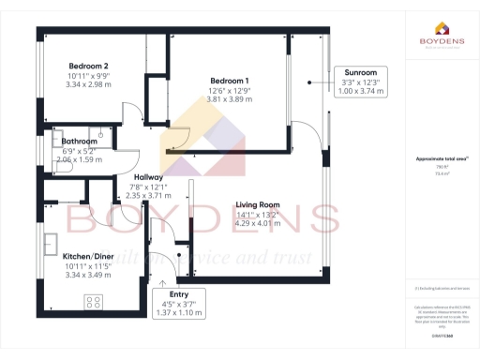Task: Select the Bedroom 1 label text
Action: point(230,81)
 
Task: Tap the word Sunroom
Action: point(361,72)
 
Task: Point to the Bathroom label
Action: point(80,142)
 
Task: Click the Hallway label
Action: point(149,177)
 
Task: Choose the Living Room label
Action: point(258,204)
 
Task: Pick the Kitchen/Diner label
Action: point(89,255)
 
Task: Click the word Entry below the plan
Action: point(179,293)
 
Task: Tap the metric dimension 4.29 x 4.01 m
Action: point(258,224)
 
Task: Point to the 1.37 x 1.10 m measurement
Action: point(179,312)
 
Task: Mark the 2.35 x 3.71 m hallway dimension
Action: point(149,196)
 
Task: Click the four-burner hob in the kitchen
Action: point(94,302)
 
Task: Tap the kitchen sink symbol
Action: point(49,246)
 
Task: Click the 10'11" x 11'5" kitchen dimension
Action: point(89,265)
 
